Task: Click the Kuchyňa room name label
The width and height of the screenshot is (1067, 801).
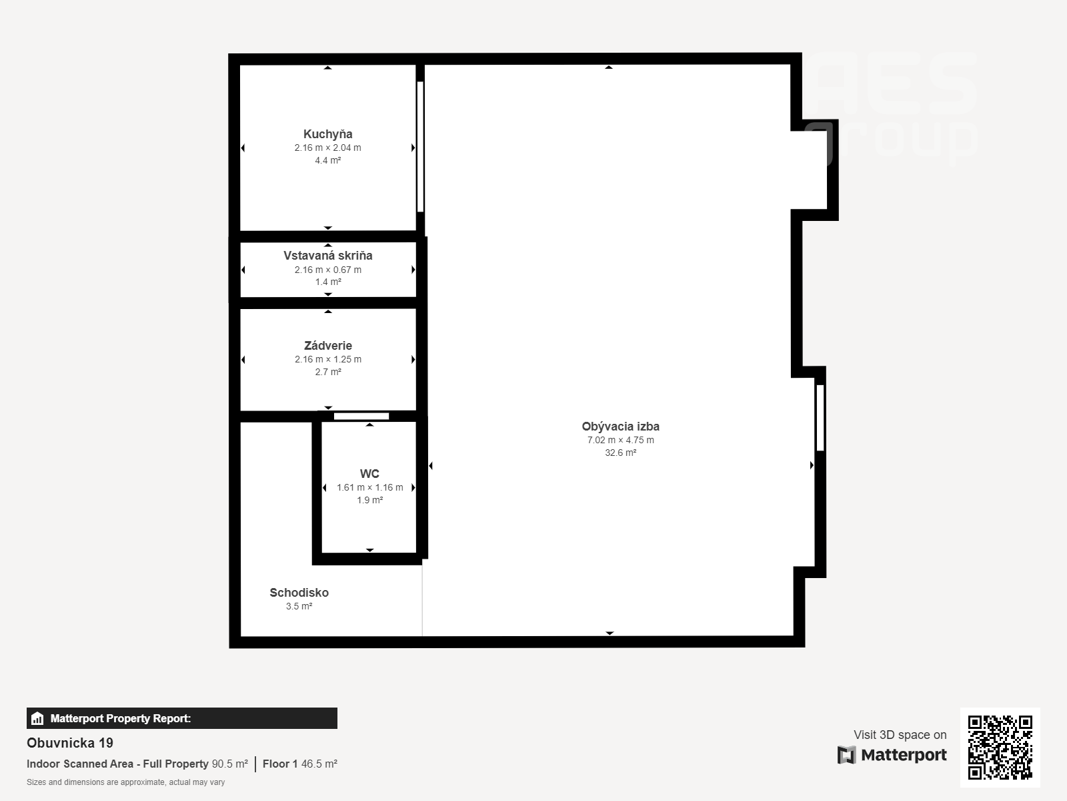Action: [x=327, y=134]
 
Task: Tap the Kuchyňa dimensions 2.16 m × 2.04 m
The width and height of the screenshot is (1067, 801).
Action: [x=327, y=148]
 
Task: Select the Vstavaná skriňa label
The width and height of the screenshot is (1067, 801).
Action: [x=328, y=256]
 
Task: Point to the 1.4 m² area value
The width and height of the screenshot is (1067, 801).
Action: [x=328, y=282]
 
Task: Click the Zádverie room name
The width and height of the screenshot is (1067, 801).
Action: [x=328, y=346]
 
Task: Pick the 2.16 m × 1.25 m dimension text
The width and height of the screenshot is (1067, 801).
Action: [x=328, y=359]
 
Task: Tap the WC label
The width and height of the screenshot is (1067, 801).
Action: [x=369, y=474]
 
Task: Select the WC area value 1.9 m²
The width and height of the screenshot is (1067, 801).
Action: [x=370, y=500]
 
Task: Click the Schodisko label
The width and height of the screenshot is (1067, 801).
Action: [x=299, y=593]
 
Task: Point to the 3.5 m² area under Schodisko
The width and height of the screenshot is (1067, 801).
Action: [x=299, y=607]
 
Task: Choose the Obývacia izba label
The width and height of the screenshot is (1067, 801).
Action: [x=621, y=427]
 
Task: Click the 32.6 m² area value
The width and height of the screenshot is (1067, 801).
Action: [x=621, y=453]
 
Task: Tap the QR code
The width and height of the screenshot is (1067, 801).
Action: [x=1000, y=748]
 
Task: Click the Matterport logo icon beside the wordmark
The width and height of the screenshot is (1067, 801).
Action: [x=847, y=755]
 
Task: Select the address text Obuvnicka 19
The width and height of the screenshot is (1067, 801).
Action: [x=70, y=743]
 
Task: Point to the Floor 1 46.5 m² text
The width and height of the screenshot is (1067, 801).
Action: [x=300, y=764]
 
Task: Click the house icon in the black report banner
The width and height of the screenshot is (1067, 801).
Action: [x=37, y=718]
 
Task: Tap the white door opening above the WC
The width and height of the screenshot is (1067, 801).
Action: [x=361, y=417]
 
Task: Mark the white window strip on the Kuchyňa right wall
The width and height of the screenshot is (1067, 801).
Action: [x=421, y=147]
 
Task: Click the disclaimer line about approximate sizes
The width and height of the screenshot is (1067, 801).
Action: [x=125, y=782]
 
